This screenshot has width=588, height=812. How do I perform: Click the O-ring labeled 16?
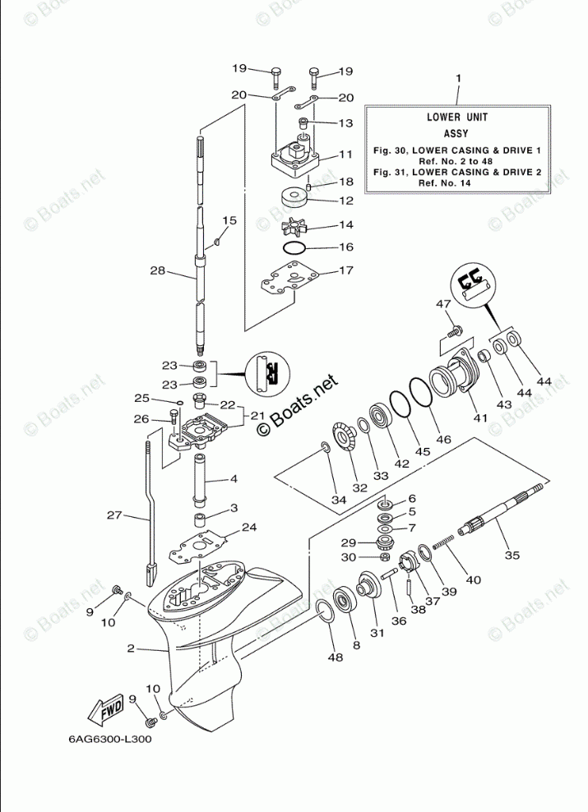click(294, 247)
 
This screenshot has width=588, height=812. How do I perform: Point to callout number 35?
click(512, 556)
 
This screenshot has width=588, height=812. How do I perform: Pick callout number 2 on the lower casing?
click(130, 648)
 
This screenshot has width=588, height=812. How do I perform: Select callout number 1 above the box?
click(458, 79)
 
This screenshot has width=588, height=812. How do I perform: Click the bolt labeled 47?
click(451, 330)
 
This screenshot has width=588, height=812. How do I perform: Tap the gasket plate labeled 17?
click(287, 281)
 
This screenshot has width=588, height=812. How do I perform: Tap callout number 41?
click(479, 418)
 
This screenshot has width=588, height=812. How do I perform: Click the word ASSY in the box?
click(456, 133)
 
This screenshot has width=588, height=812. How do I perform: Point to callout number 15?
click(229, 220)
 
